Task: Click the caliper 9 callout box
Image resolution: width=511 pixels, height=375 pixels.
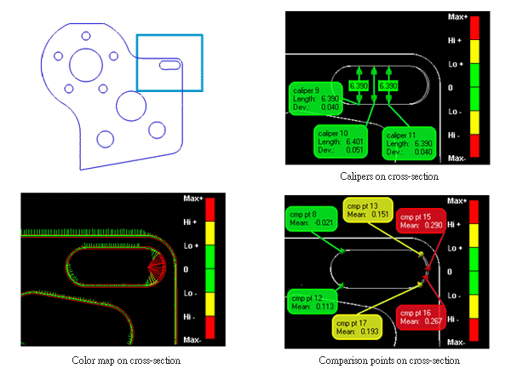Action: (x=313, y=98)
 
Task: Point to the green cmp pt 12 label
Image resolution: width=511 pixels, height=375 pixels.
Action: (x=311, y=303)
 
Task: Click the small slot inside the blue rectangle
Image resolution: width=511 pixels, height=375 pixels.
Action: (x=169, y=63)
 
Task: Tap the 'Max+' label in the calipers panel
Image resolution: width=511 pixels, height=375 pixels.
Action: (x=456, y=16)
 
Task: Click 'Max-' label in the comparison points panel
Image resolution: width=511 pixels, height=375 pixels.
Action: (x=456, y=341)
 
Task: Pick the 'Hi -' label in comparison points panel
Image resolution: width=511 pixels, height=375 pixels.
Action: (x=456, y=317)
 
